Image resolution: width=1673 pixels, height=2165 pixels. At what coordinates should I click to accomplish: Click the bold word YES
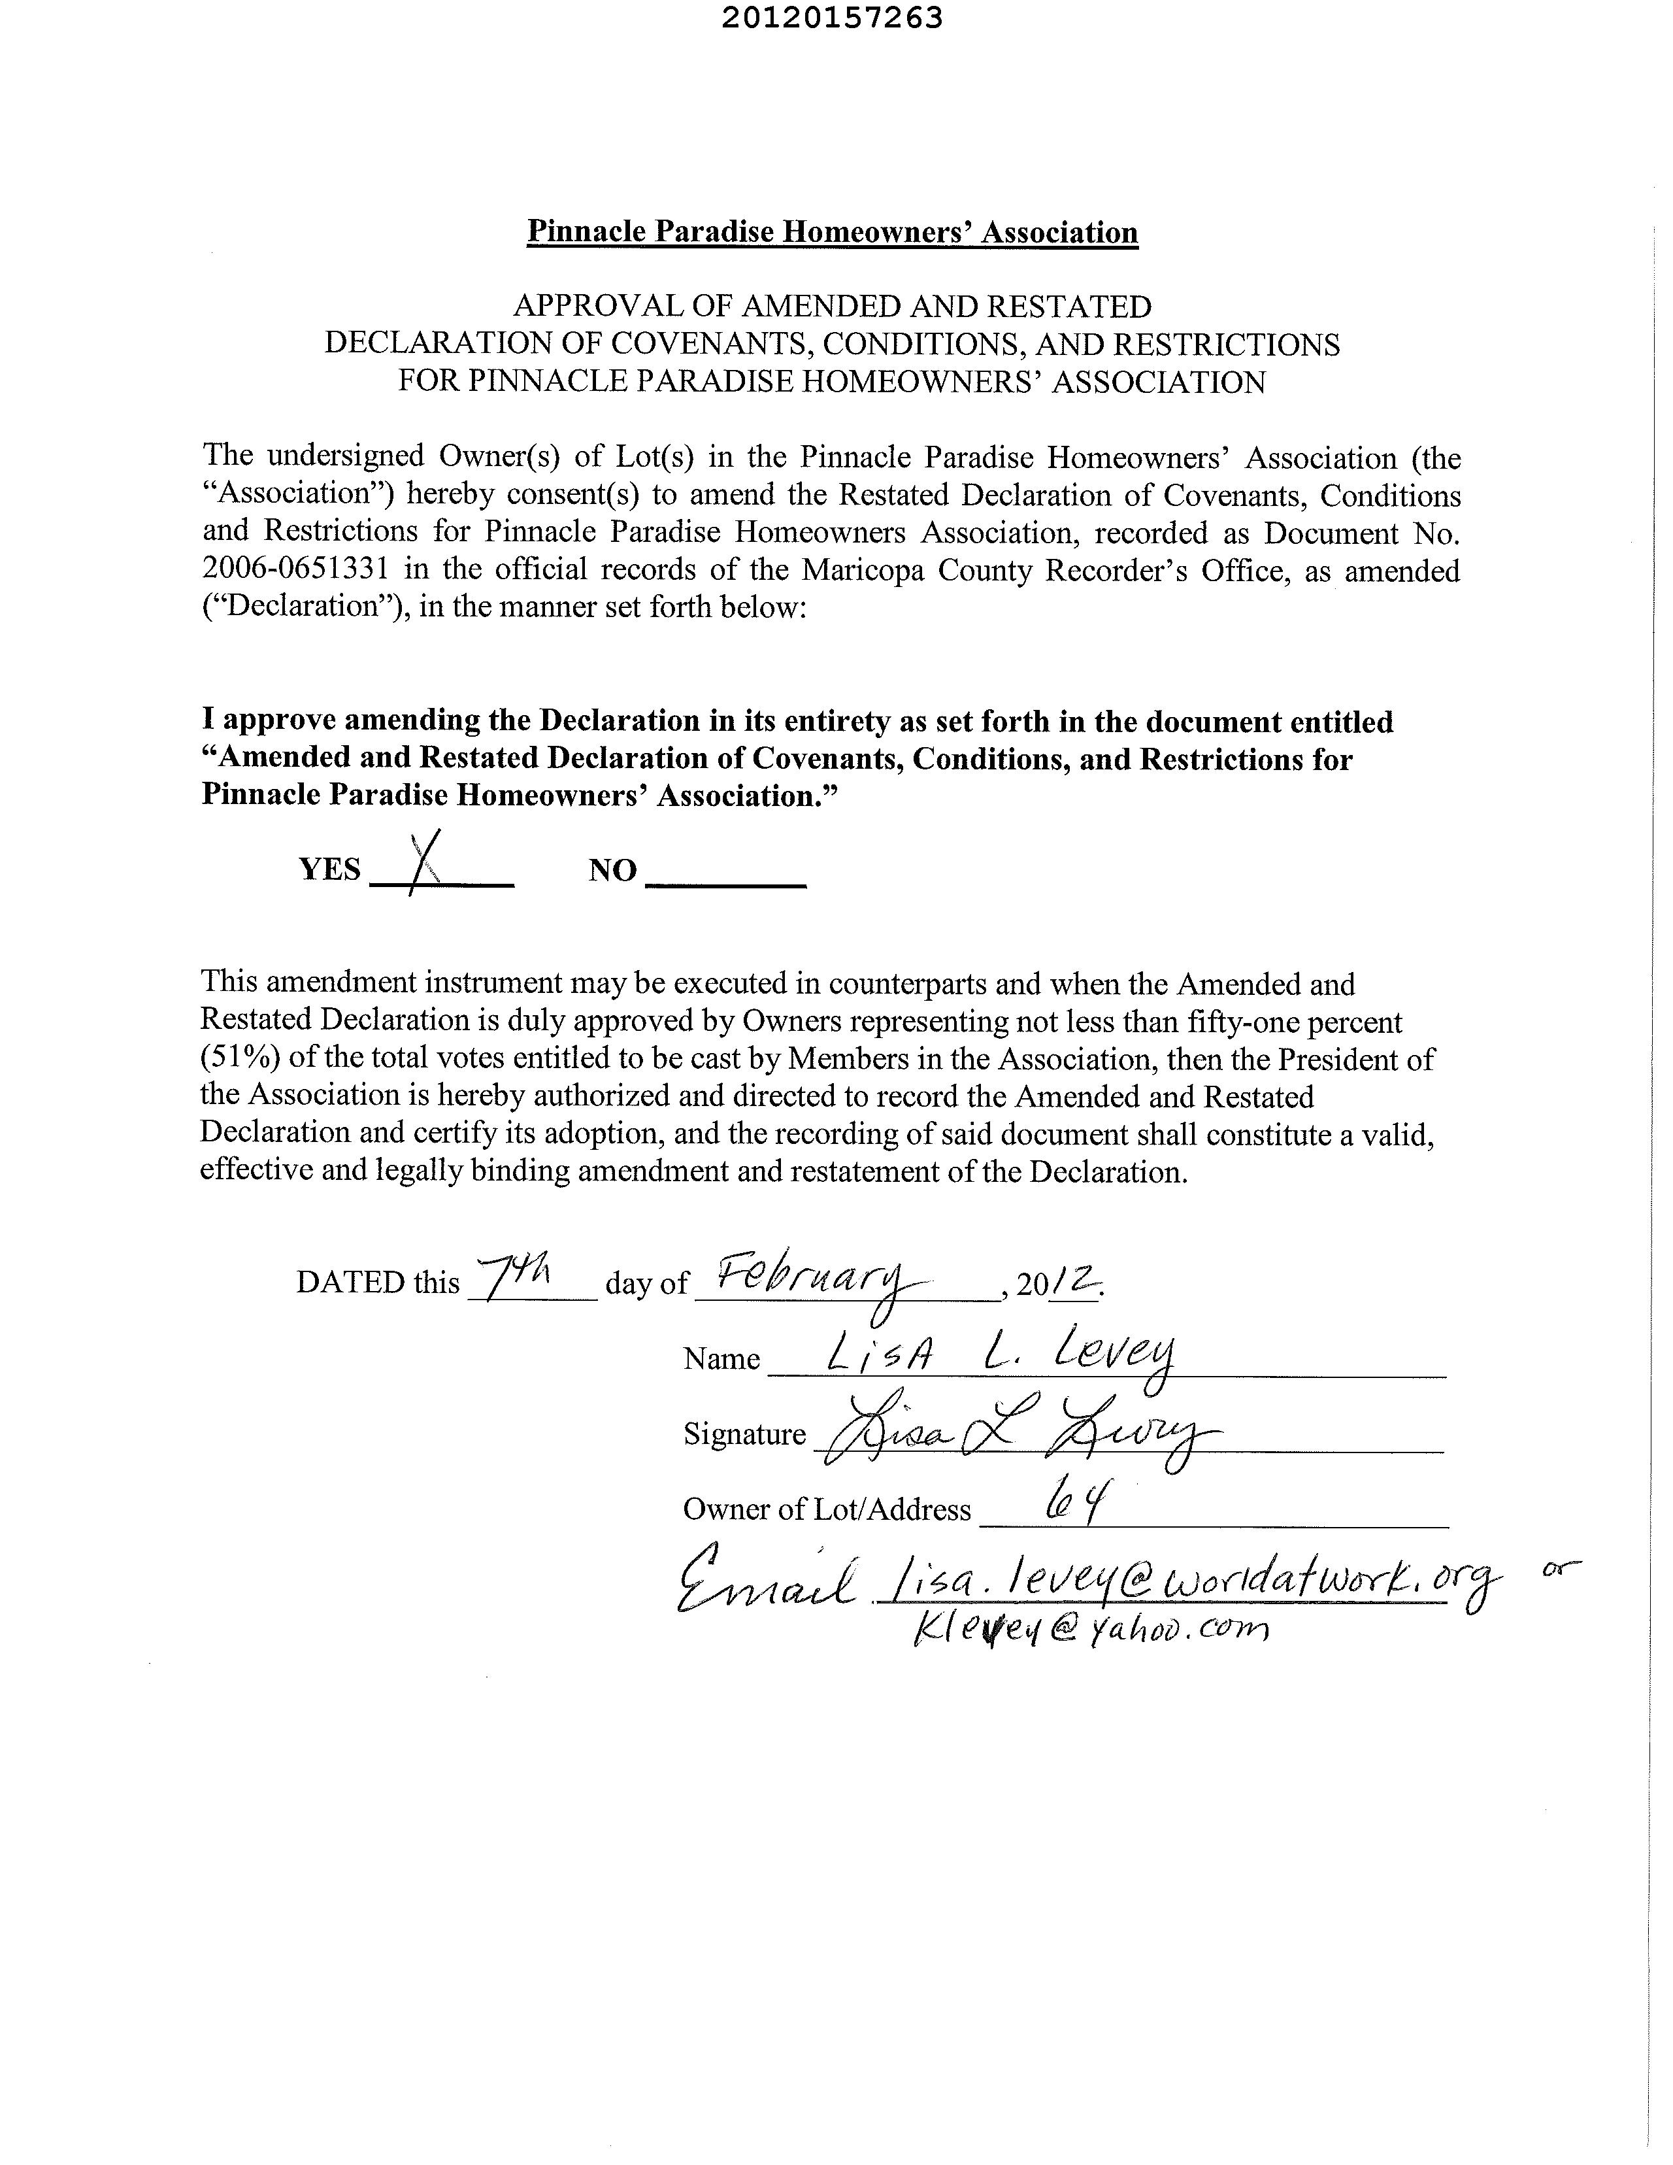click(330, 869)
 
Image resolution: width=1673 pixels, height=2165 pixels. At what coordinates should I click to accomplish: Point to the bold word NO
click(612, 870)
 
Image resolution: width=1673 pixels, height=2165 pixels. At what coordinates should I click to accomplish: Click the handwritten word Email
click(763, 1580)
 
